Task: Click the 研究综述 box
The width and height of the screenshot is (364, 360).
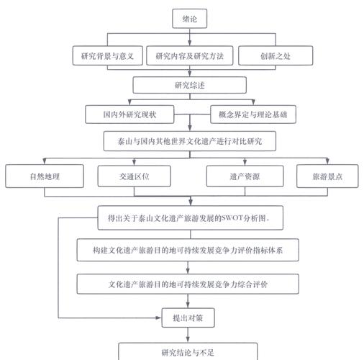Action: (190, 85)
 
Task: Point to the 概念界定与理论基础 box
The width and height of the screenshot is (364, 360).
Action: (257, 114)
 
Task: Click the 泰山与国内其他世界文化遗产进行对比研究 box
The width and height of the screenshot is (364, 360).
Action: (190, 141)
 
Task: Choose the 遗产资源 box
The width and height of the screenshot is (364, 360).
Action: (244, 176)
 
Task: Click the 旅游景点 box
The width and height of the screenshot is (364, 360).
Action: (327, 176)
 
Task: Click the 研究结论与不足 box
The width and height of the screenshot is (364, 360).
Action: (188, 351)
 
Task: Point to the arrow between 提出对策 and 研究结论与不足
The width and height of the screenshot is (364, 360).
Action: (188, 334)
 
